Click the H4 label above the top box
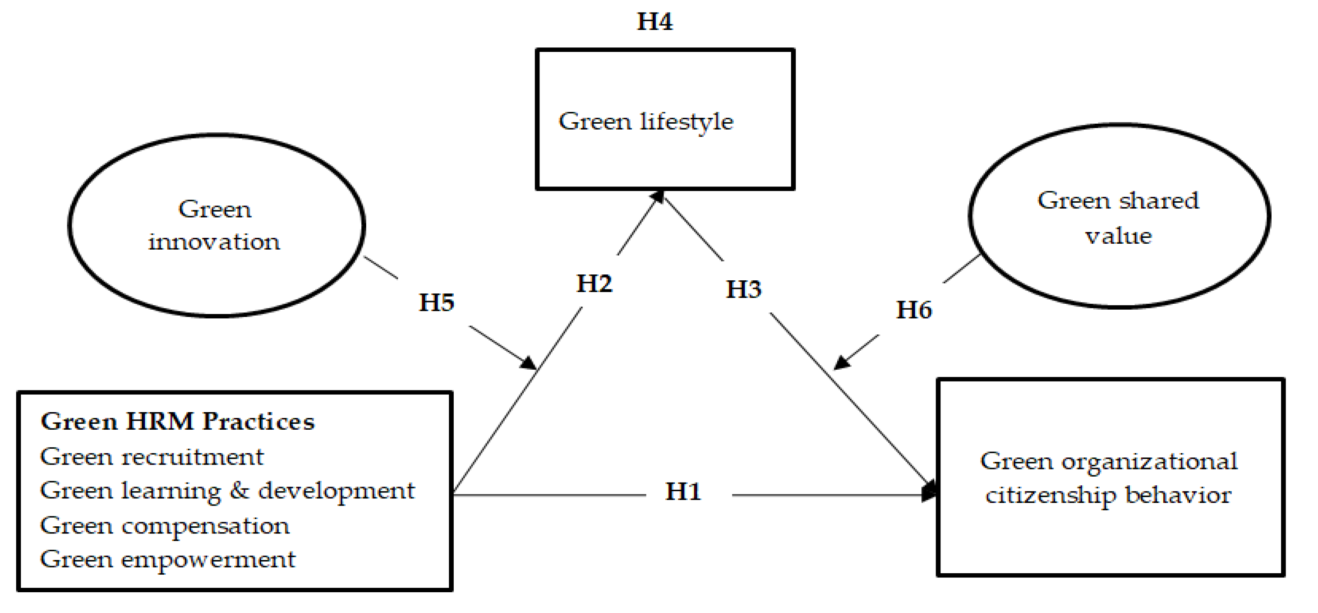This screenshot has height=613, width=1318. click(654, 22)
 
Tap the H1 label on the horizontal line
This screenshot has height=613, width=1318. click(682, 492)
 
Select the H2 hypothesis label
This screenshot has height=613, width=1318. click(594, 283)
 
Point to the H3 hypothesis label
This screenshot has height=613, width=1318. click(743, 289)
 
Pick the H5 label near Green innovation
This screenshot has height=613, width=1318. click(437, 302)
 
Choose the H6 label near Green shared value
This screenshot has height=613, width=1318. click(914, 310)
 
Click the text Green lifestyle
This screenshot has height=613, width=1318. click(646, 122)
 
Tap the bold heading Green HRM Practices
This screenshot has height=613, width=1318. click(178, 422)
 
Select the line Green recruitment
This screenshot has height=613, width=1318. click(152, 457)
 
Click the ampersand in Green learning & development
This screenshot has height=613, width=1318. click(239, 490)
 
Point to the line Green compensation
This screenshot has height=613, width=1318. click(164, 525)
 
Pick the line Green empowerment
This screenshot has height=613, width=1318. click(167, 559)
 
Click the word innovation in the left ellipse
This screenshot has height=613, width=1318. click(214, 241)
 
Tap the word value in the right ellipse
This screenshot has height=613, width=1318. click(1119, 236)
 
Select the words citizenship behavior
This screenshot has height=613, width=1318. click(1108, 495)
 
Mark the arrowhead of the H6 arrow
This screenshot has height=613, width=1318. click(842, 362)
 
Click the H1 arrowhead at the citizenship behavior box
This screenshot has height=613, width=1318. click(929, 492)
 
